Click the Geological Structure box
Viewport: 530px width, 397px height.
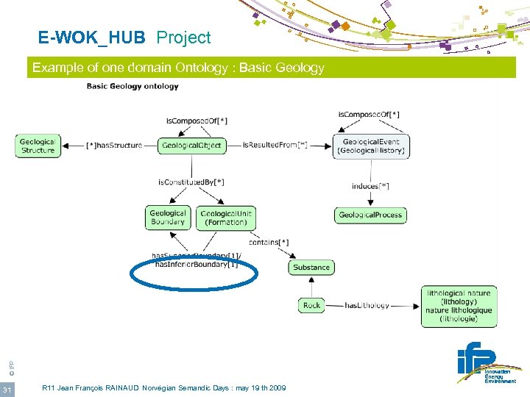click(38, 146)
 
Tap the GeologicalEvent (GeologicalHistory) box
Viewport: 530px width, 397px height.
click(370, 146)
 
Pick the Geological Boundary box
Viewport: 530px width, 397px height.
click(168, 218)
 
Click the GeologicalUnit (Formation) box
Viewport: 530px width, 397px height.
click(226, 218)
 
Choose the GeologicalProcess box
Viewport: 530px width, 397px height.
click(370, 215)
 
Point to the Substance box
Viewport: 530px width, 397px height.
click(311, 267)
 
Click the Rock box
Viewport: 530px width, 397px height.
click(312, 305)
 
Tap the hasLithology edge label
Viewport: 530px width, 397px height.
click(367, 305)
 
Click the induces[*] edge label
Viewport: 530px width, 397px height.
click(370, 186)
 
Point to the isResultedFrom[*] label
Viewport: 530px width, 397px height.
click(275, 146)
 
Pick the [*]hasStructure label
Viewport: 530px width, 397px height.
click(114, 146)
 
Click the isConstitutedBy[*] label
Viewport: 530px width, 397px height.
click(191, 182)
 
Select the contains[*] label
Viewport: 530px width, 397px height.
click(269, 242)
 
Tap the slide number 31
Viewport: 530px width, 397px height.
click(6, 388)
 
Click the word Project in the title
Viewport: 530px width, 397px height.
click(183, 37)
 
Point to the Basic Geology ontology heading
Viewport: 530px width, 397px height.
click(132, 87)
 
